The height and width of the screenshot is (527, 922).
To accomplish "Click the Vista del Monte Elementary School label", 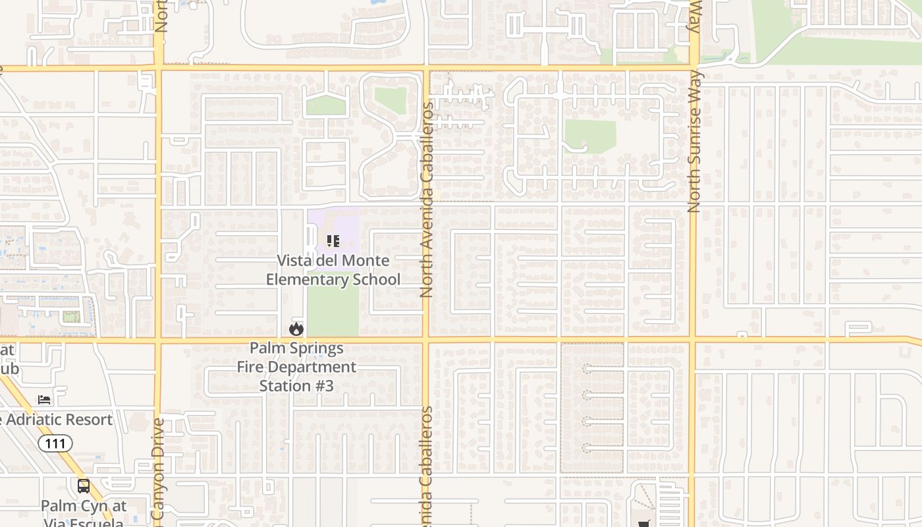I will tap(333, 270).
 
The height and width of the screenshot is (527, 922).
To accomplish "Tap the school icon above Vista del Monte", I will tap(333, 241).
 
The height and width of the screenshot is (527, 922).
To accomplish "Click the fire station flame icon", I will tap(296, 328).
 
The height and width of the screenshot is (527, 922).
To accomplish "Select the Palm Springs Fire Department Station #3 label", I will tap(296, 367).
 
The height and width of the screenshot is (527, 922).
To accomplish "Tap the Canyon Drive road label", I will tap(157, 471).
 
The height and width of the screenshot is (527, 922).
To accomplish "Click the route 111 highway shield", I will tap(55, 443).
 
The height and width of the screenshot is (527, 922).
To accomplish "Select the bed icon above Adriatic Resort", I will tap(44, 400).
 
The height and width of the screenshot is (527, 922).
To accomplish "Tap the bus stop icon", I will tap(84, 486).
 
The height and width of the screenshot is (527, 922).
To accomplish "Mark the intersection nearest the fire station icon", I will tap(304, 339).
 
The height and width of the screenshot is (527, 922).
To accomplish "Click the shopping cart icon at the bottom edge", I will tap(643, 524).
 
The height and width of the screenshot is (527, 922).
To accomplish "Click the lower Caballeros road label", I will tap(427, 464).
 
